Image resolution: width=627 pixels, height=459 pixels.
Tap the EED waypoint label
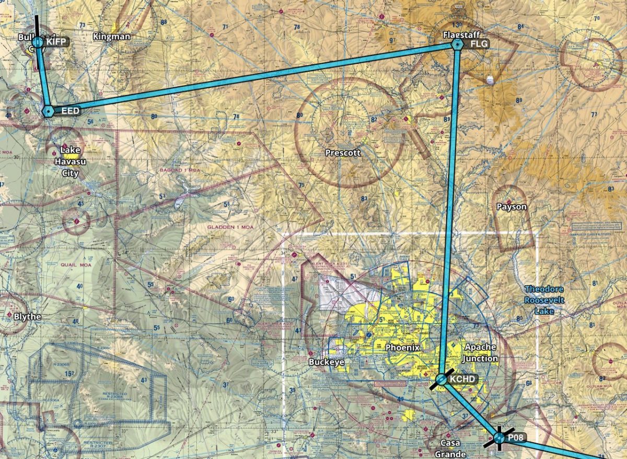pos(71,111)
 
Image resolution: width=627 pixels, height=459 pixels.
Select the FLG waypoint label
pos(479,44)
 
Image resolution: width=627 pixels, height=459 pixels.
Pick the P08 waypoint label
pos(516,437)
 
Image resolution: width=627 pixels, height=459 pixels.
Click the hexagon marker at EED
pos(48,111)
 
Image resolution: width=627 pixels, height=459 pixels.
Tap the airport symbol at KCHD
pos(442,380)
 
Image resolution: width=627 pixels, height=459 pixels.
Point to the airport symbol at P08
pos(498,439)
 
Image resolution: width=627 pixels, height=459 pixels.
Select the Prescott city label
pos(343,154)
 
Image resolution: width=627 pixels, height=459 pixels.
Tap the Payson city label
pos(512,207)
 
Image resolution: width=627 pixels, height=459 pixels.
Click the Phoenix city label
pos(402,348)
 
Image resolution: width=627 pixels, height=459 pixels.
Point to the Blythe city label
pos(27,317)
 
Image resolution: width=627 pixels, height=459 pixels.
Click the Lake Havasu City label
pos(70,162)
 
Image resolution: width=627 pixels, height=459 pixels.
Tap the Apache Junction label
pos(481,353)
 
